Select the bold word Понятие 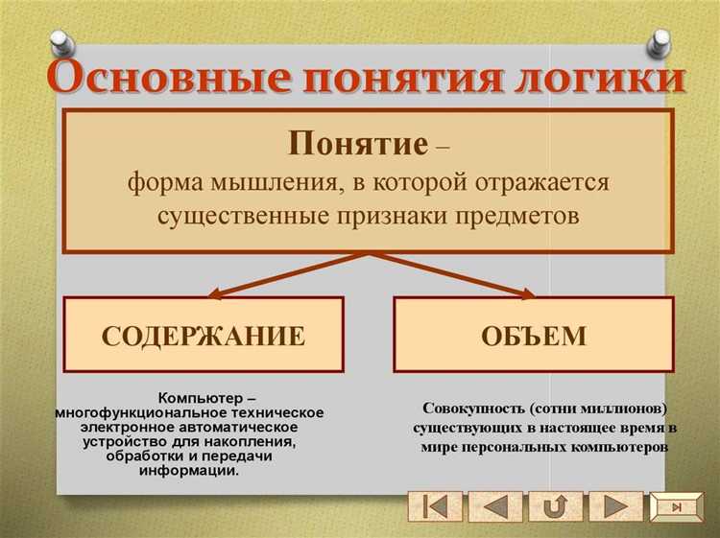pos(357,145)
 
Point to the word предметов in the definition pos(515,215)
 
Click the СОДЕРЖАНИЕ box pos(204,335)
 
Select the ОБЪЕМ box pos(534,335)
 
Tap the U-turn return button pos(556,505)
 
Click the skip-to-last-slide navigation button pos(677,505)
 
